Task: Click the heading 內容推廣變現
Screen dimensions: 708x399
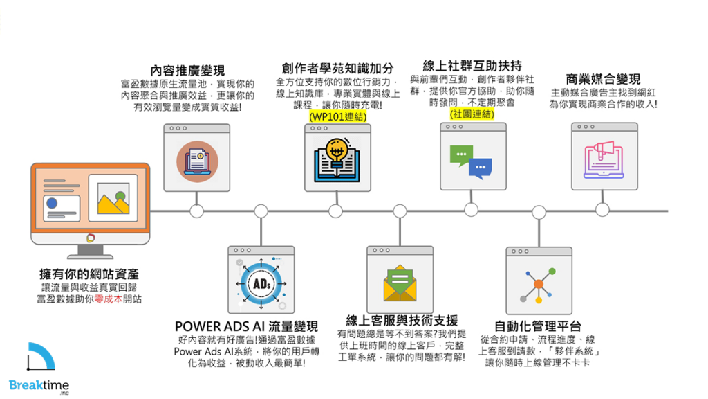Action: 187,71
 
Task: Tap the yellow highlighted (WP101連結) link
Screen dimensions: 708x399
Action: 337,116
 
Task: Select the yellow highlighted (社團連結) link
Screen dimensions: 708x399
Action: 472,114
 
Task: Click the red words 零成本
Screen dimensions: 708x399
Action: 109,299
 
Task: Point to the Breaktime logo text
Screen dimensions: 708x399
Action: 39,385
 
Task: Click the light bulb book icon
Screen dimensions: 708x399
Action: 337,161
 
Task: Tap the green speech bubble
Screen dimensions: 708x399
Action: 461,155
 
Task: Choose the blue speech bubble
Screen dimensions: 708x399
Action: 481,168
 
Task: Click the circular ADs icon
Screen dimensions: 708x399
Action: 261,283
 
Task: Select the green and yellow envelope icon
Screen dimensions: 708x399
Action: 400,283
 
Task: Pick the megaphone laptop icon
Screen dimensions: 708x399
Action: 604,160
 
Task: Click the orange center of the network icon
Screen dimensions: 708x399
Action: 538,284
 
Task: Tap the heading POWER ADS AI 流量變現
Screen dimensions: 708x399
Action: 247,327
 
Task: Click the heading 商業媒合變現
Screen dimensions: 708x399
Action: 603,79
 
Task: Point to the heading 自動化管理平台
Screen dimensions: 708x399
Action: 538,326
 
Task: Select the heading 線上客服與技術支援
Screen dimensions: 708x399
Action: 402,321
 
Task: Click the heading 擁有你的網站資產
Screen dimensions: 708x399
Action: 89,274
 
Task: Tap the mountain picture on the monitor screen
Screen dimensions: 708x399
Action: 113,198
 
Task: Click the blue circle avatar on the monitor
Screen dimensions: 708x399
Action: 52,203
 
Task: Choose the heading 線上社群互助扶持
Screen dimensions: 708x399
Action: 472,66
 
